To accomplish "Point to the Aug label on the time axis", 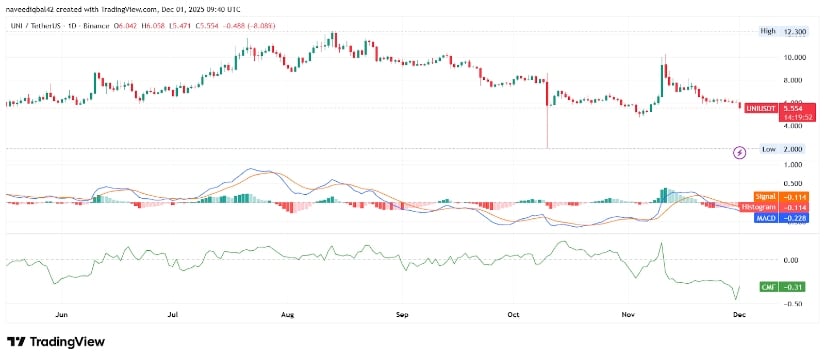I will tap(287, 313).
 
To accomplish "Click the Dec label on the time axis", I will tap(741, 313).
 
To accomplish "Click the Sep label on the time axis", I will tap(402, 313).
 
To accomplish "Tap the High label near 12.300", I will tap(768, 32).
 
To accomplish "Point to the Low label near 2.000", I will tap(768, 148).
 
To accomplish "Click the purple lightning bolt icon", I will tap(740, 152).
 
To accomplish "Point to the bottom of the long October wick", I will tap(548, 148).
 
